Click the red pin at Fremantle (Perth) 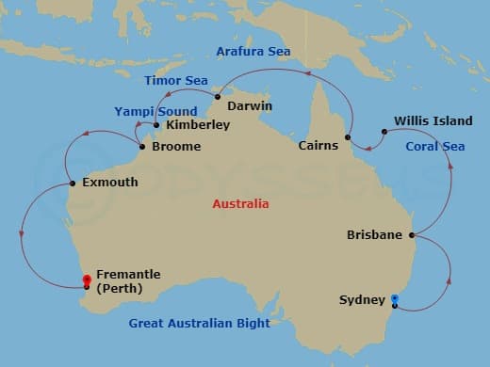[87, 280]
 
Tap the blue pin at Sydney [393, 300]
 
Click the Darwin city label [250, 105]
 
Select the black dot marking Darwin [217, 96]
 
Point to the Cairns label [318, 146]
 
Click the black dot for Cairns [349, 139]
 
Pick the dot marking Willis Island [384, 132]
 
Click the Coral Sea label [434, 146]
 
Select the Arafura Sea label [253, 51]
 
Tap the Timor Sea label [176, 81]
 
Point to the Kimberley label [198, 124]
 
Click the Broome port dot [141, 147]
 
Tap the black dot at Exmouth [73, 183]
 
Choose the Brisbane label [374, 233]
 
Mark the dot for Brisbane [412, 234]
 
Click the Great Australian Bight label [200, 324]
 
